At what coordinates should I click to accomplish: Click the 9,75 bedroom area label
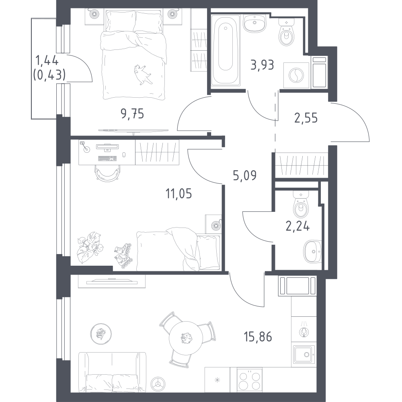(132, 114)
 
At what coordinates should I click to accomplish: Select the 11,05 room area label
(179, 194)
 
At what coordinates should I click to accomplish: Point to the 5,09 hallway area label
(244, 176)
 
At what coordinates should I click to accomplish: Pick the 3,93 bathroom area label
(262, 65)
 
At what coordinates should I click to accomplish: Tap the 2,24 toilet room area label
(297, 226)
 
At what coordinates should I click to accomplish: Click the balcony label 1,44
(47, 61)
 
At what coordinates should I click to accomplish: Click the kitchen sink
(304, 354)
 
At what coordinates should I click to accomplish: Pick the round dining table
(186, 338)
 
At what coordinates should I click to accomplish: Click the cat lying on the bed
(142, 75)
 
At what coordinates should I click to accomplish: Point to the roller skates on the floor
(123, 256)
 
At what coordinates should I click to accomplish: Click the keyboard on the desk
(107, 159)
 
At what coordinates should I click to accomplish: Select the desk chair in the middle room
(107, 173)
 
